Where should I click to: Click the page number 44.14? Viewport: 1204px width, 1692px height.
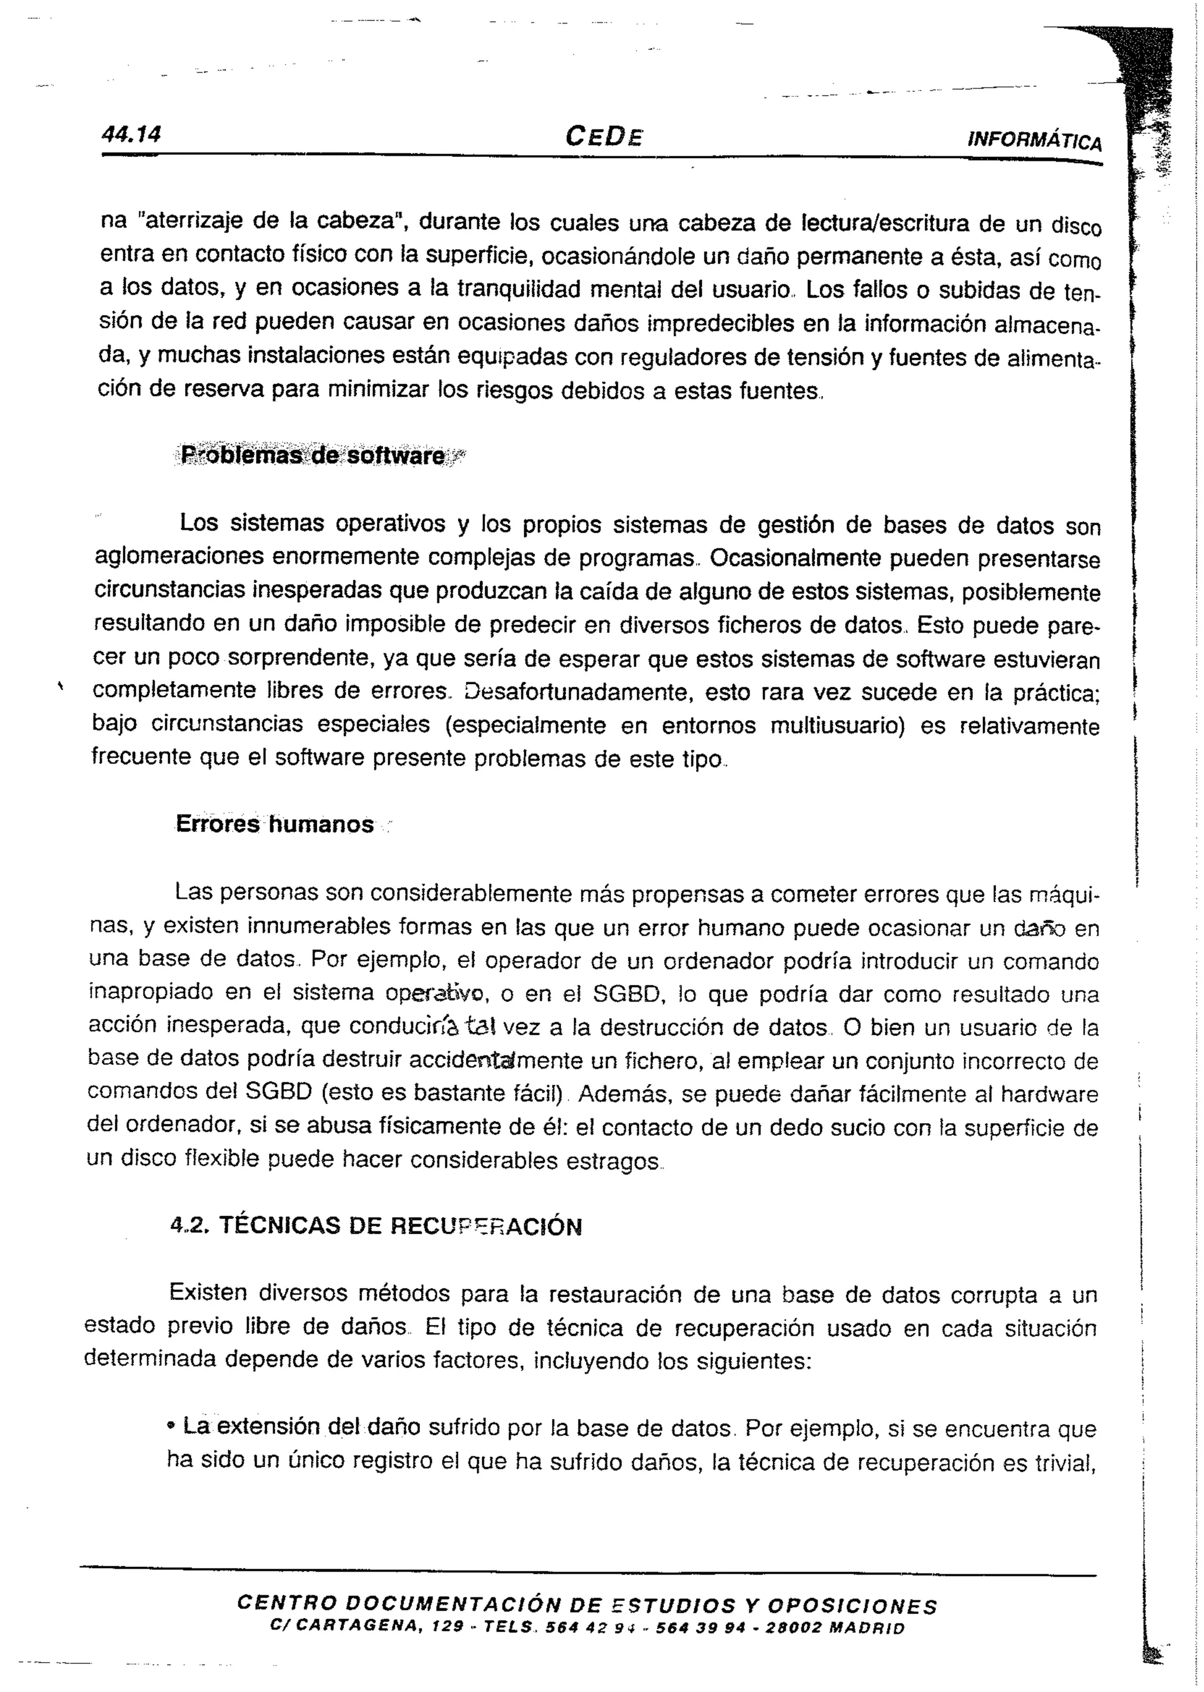point(131,133)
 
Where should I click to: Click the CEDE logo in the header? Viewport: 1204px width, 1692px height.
point(604,136)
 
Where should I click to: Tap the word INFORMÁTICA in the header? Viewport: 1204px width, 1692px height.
point(1034,140)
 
